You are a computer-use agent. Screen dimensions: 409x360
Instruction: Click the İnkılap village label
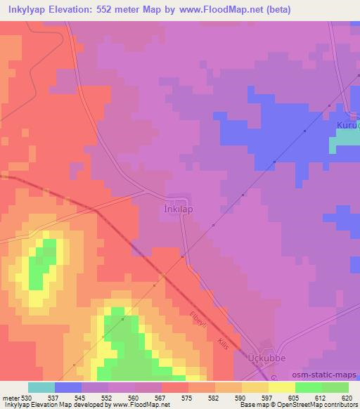(x=176, y=209)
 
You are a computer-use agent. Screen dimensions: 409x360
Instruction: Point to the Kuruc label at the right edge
(x=347, y=125)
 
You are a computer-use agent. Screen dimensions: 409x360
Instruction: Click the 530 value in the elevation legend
(x=25, y=398)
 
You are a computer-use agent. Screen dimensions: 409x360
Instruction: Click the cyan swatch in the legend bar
(x=41, y=387)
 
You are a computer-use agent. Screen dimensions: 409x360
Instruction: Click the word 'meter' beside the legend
(x=10, y=398)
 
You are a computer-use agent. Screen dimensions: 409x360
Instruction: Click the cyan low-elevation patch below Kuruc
(x=345, y=143)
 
